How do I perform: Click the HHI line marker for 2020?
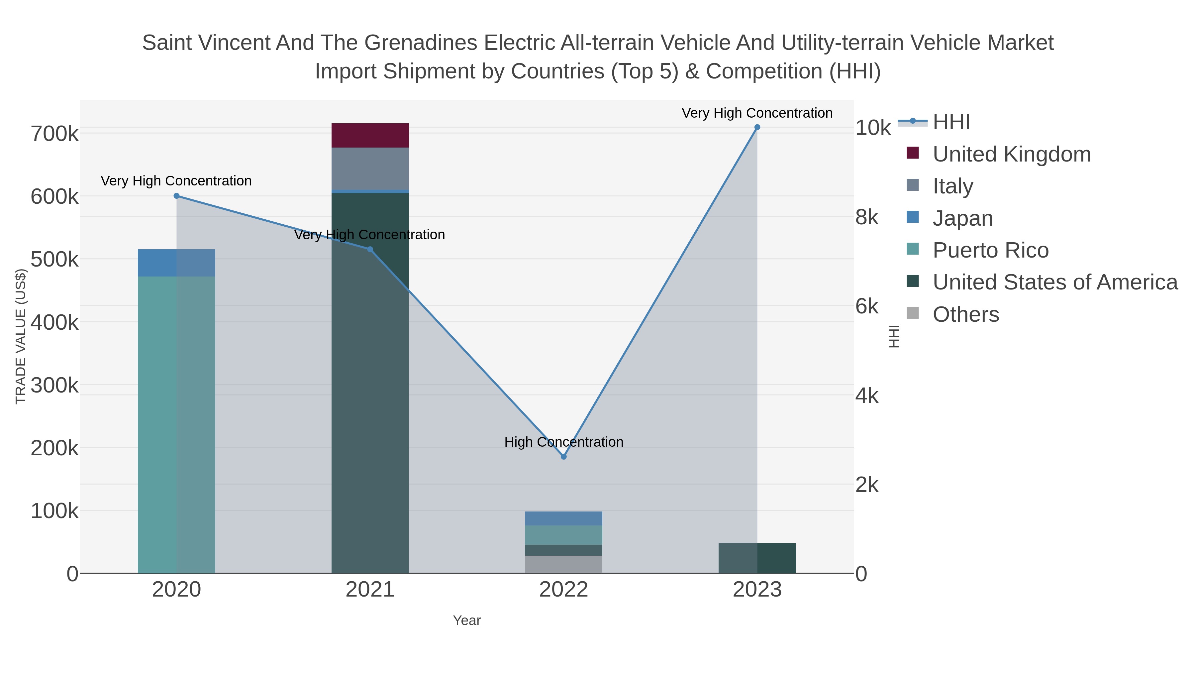click(x=176, y=196)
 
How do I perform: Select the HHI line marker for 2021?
click(x=370, y=249)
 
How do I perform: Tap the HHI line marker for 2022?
click(x=564, y=457)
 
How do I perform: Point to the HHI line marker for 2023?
click(x=757, y=127)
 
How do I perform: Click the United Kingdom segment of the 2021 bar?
click(x=370, y=135)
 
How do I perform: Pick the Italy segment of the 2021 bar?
click(x=370, y=168)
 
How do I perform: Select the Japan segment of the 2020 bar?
click(x=176, y=263)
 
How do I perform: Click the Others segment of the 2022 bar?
click(x=564, y=564)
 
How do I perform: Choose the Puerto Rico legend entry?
click(x=990, y=250)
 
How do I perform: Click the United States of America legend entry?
click(x=1055, y=282)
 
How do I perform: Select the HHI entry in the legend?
click(x=951, y=122)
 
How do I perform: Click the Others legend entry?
click(x=966, y=314)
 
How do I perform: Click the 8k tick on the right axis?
click(x=867, y=217)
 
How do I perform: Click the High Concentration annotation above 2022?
click(x=564, y=442)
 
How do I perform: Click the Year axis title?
click(x=467, y=620)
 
